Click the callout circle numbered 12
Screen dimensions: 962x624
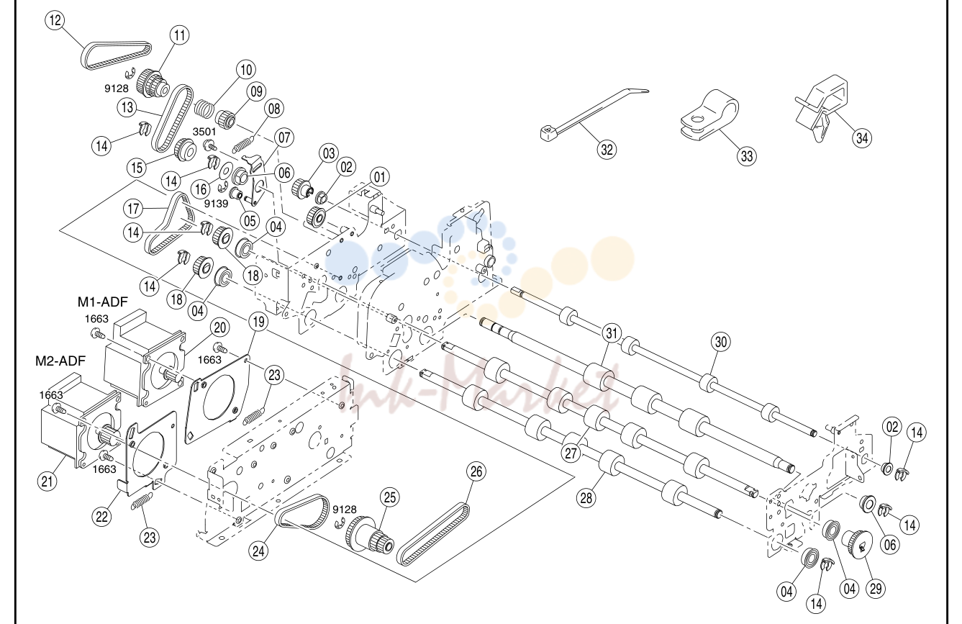(55, 20)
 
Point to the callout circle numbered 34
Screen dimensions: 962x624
(862, 138)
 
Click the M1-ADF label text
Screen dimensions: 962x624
(103, 302)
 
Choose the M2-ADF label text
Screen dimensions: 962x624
(60, 361)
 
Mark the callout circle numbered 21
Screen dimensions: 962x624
(47, 481)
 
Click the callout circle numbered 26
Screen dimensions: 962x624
(476, 471)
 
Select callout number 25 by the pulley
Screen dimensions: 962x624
(389, 498)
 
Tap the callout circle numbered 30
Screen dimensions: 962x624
(721, 342)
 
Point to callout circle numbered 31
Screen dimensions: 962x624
(612, 333)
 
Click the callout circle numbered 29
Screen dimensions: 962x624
(876, 589)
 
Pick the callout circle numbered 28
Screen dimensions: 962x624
(586, 498)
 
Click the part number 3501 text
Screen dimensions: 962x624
(204, 132)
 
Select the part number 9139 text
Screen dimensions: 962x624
(216, 203)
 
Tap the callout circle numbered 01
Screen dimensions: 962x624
(379, 177)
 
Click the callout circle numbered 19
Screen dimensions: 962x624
(258, 322)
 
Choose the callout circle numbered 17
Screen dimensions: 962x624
(133, 209)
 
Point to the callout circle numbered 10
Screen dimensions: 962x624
(245, 70)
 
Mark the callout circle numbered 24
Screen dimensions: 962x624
(258, 551)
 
